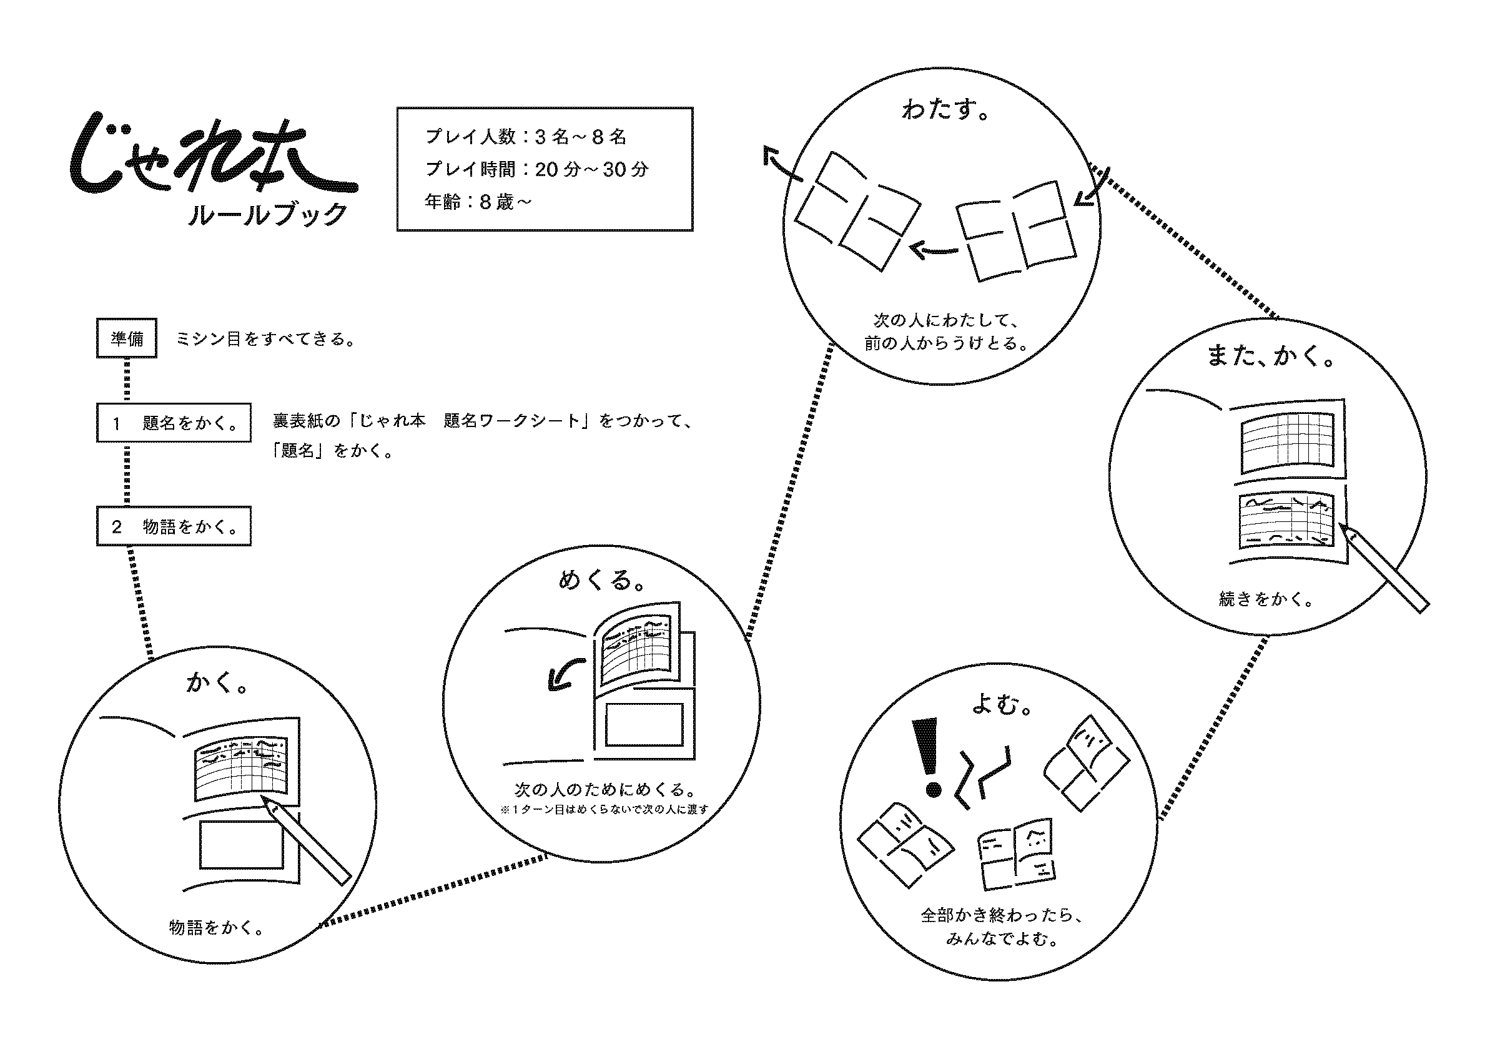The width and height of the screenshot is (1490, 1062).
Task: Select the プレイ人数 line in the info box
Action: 526,137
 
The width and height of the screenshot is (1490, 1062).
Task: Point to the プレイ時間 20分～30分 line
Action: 536,169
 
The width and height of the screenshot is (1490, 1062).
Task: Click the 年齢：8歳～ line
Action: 478,202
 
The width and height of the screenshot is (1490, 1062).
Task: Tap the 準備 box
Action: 127,338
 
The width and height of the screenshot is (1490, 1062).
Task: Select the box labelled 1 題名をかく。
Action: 174,423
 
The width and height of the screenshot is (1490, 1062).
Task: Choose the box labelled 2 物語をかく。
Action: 174,526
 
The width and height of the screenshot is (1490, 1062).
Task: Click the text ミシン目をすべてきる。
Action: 265,340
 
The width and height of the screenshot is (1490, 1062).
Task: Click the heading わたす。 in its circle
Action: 945,110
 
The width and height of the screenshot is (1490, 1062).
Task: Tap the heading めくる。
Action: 602,579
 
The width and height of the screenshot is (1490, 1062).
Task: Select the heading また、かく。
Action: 1270,356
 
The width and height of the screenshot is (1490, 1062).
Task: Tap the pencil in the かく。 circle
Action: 307,840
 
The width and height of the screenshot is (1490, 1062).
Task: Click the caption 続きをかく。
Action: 1266,599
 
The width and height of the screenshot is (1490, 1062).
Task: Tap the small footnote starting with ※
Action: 604,809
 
